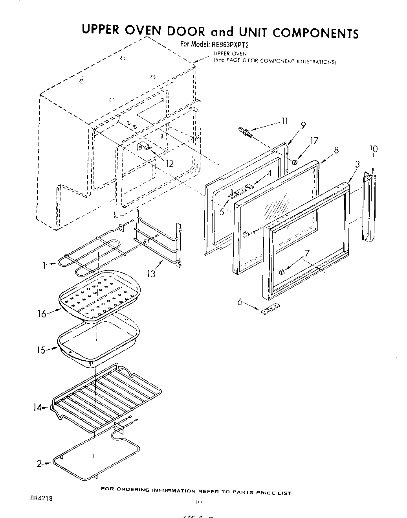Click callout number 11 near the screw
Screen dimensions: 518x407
point(284,122)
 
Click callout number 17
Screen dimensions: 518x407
point(314,141)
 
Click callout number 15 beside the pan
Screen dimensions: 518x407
point(41,350)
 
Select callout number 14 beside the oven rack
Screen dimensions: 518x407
point(37,407)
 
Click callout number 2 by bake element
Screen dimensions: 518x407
point(39,464)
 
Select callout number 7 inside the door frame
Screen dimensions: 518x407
point(307,254)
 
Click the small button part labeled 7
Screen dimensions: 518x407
point(281,272)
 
